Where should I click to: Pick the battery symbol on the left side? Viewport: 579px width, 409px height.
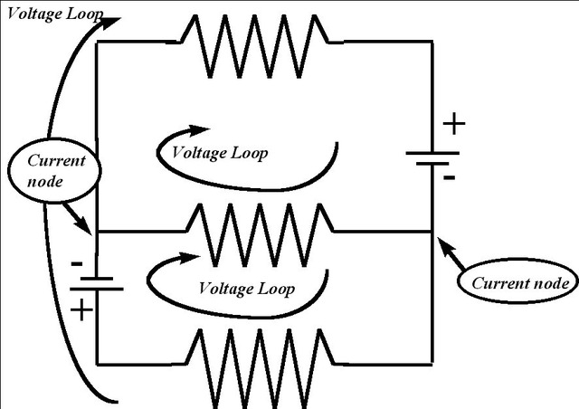[96, 284]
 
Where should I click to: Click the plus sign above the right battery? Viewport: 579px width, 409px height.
[454, 124]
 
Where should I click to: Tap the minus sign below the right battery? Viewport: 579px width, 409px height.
[449, 178]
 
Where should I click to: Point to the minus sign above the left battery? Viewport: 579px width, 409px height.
[79, 262]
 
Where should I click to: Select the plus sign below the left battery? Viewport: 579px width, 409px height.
[81, 309]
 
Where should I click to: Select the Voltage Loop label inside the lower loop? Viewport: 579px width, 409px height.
[247, 289]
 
